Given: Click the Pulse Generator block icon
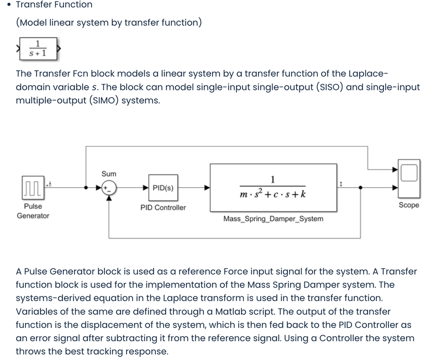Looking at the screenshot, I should click(x=33, y=187).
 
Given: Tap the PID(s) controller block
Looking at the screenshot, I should click(x=163, y=188).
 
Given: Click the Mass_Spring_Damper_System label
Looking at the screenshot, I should click(x=273, y=219).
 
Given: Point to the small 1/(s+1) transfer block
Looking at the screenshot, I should click(x=38, y=49).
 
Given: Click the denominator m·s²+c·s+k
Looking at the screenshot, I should click(x=273, y=194).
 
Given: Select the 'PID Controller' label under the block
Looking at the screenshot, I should click(x=163, y=208).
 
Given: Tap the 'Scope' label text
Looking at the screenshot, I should click(x=408, y=205).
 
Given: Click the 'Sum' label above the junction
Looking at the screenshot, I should click(x=109, y=174).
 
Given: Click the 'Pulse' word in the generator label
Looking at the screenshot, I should click(x=33, y=207).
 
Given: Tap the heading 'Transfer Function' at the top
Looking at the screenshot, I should click(x=54, y=5).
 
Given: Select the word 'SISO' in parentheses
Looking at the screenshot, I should click(x=326, y=87).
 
